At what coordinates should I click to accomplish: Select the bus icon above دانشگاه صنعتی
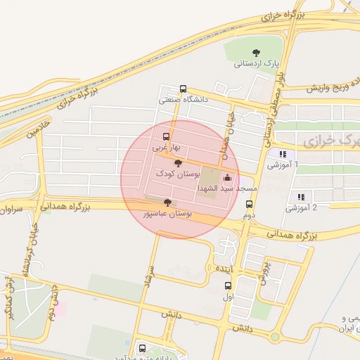coord(183,89)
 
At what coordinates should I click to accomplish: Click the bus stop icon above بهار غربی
coord(166,136)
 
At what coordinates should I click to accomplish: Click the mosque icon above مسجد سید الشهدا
coord(226,178)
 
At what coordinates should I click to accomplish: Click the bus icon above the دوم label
coord(249,204)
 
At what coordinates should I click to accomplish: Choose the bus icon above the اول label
coord(228,285)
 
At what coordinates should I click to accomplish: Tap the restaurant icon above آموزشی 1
coord(283,154)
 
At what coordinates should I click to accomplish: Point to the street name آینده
coord(224,269)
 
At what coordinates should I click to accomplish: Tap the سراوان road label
coord(13,209)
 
